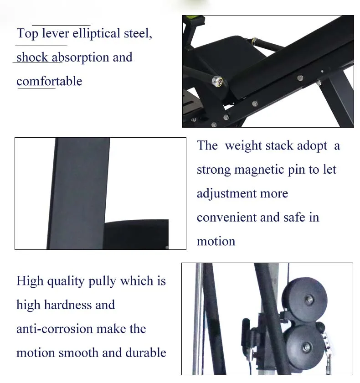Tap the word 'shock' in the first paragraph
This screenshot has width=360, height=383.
(x=32, y=58)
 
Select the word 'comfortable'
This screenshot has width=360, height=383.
(x=49, y=82)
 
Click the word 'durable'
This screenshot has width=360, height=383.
(x=145, y=352)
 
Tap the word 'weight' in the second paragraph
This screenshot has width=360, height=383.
(x=245, y=146)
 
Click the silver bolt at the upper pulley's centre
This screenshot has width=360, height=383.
(x=309, y=300)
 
